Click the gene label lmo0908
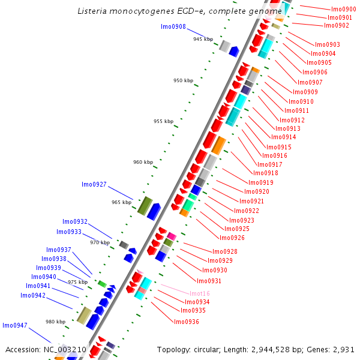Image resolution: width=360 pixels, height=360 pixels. pos(173,27)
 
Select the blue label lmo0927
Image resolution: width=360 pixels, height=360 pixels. pos(94,184)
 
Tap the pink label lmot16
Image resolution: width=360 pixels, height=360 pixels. pos(197,293)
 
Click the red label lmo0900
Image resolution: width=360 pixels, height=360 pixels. pos(344,10)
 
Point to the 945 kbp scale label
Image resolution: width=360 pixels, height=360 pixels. pos(203,39)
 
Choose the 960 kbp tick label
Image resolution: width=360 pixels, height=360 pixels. pos(143,162)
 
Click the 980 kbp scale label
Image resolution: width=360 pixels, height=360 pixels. pos(56,322)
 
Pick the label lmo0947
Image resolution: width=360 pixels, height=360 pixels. pos(15,325)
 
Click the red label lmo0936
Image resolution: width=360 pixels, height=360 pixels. pos(187,322)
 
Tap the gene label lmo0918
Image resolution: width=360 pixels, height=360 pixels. pos(266,173)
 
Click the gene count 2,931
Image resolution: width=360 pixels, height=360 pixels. pos(344,349)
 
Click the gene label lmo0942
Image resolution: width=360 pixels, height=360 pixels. pos(33,295)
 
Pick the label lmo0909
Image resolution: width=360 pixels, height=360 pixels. pos(305,92)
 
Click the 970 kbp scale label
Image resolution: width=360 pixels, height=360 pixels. pos(100,243)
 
